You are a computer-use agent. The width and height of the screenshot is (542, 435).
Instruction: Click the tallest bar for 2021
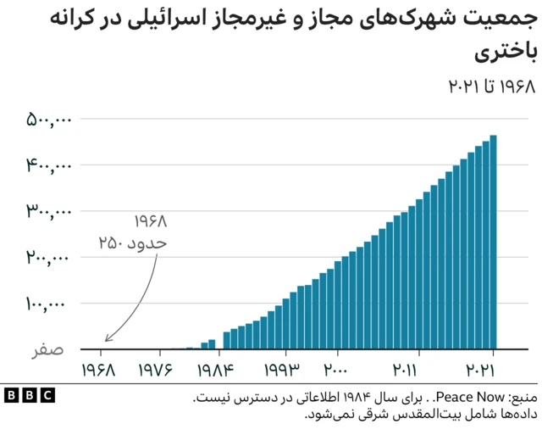point(493,243)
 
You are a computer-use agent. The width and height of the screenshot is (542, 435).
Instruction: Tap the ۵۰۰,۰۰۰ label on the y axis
point(47,120)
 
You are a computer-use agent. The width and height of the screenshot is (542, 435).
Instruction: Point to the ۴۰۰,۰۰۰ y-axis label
point(47,166)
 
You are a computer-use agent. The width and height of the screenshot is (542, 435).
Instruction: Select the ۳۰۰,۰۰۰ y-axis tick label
point(47,212)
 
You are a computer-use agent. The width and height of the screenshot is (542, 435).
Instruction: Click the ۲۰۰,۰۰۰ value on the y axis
point(47,258)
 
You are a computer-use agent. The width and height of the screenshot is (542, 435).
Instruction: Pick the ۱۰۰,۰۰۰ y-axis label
point(47,304)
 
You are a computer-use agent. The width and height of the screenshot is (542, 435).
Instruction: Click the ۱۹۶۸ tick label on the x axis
point(101,371)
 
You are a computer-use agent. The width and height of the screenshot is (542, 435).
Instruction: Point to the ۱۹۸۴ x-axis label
point(215,371)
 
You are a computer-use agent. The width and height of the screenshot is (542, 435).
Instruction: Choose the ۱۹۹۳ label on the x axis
point(284,371)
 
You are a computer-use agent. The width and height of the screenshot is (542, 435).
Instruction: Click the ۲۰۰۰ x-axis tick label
point(336,371)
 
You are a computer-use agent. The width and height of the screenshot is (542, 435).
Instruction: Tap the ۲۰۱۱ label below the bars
point(404,371)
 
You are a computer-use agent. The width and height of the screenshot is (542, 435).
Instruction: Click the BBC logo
point(29,396)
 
